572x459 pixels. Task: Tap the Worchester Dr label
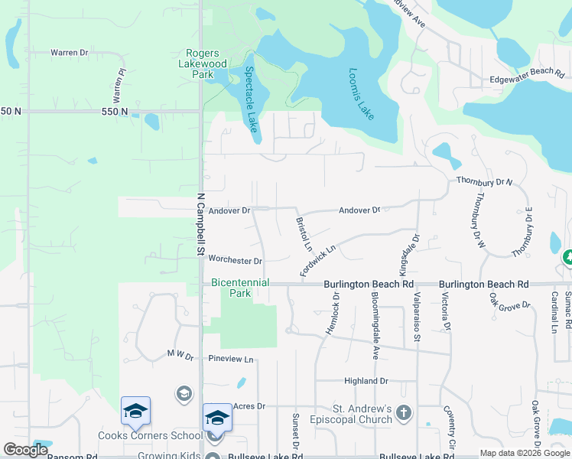236,261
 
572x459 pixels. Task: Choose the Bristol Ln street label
304,234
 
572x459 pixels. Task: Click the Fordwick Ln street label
318,260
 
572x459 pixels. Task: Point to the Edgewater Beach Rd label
526,75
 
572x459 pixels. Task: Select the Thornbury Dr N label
484,181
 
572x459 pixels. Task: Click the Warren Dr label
70,53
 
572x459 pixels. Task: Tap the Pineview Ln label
230,359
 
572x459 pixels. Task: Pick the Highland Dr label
366,381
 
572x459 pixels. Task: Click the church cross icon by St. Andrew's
404,414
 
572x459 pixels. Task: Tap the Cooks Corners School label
150,436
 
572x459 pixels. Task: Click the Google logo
25,450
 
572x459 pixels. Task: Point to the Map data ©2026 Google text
524,453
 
